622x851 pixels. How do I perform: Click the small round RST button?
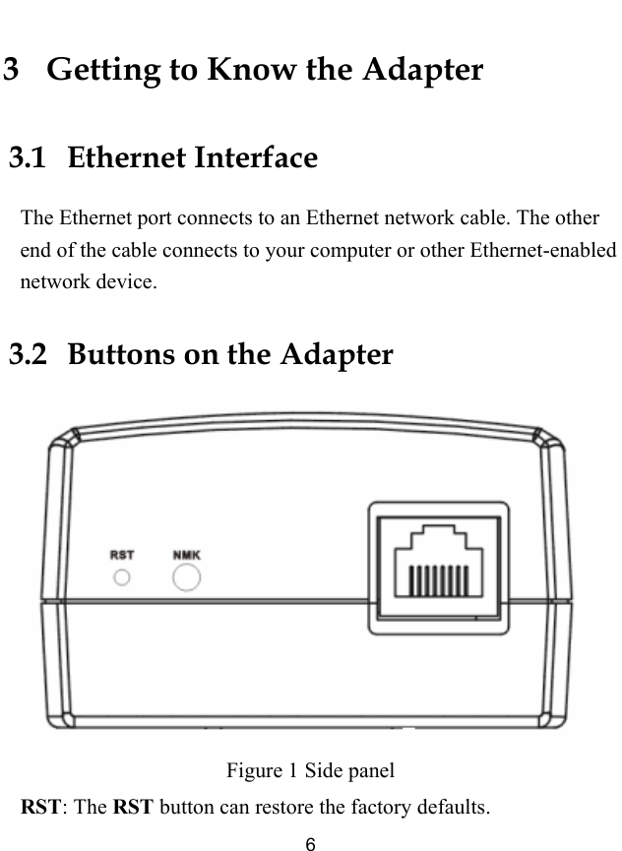122,577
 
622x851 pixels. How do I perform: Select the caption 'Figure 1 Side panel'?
310,768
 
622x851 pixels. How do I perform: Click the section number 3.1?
28,157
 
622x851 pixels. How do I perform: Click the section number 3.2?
28,353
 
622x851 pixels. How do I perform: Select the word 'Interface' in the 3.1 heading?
256,157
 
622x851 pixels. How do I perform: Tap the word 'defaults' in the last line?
454,809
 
